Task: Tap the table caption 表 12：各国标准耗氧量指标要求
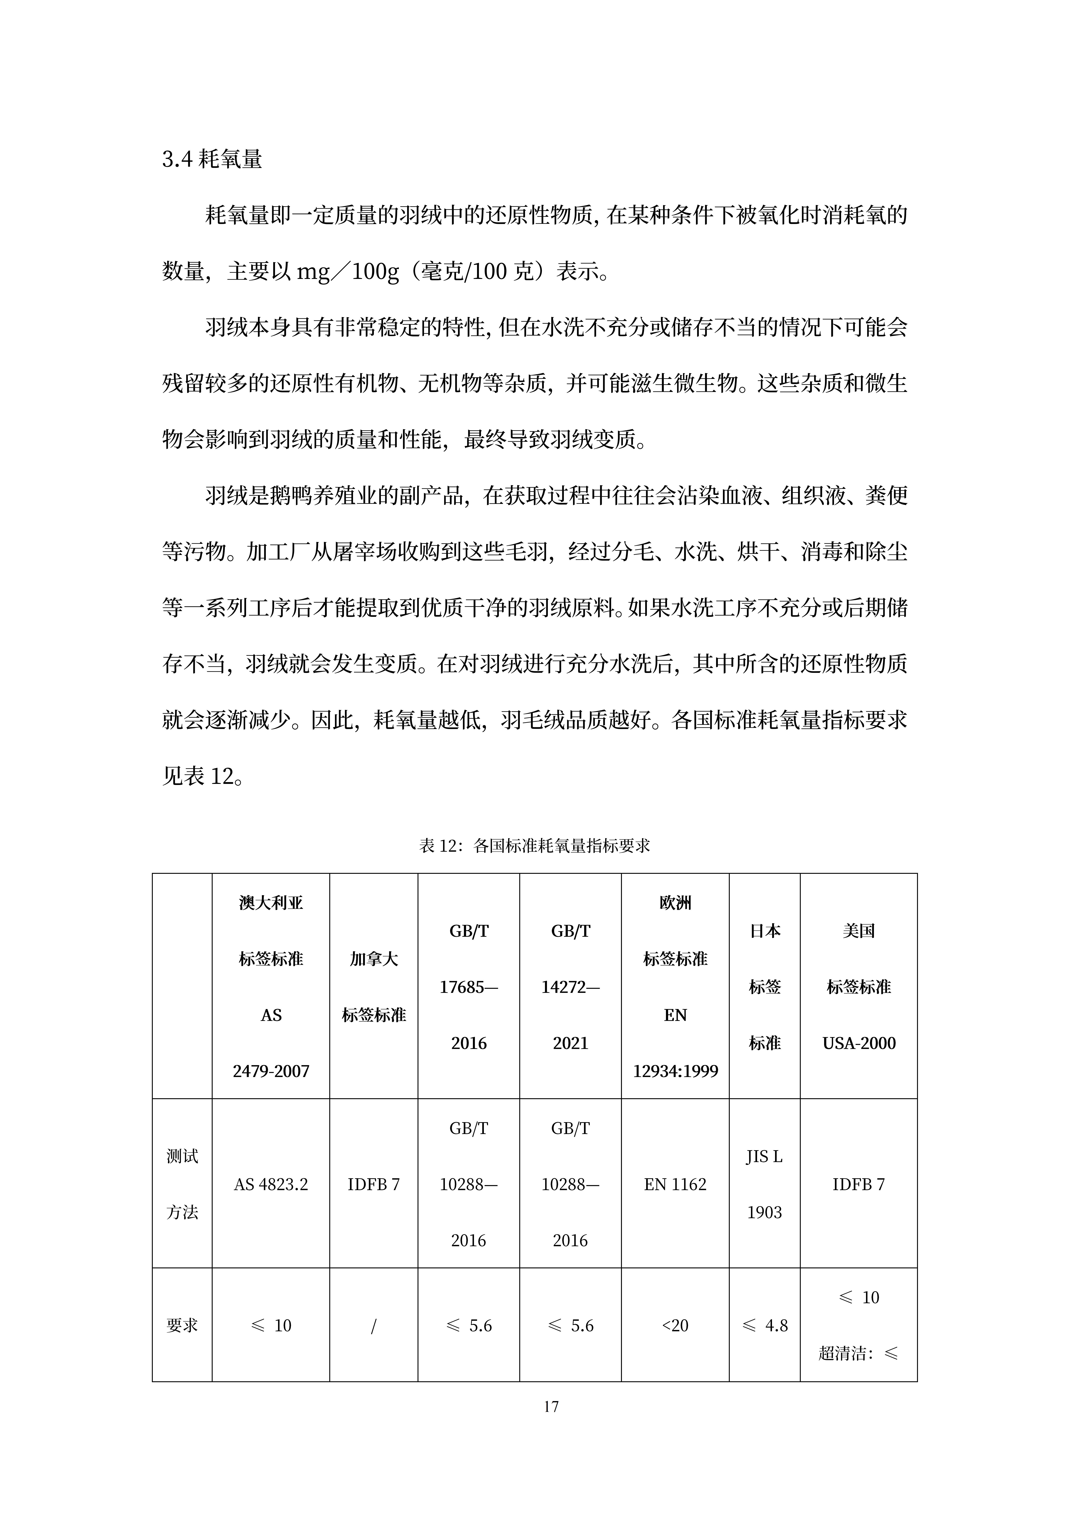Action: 535,845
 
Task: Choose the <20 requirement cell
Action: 675,1325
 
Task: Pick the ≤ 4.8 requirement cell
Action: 765,1325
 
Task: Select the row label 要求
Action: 182,1325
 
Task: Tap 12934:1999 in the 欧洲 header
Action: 675,1071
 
